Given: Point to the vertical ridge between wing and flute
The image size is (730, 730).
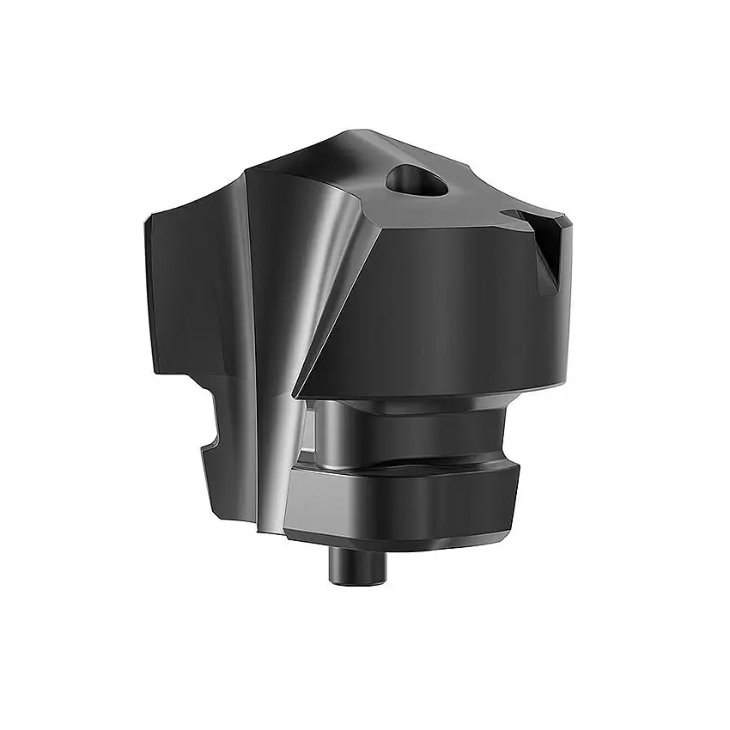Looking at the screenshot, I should (x=248, y=344).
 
